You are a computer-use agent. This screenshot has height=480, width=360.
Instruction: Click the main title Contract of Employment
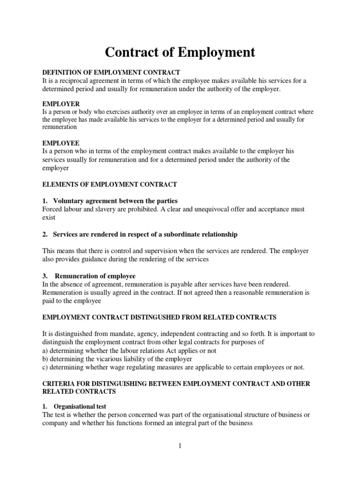click(180, 52)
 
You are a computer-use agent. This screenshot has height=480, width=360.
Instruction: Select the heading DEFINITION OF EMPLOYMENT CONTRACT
click(111, 73)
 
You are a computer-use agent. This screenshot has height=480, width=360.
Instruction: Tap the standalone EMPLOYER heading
click(61, 104)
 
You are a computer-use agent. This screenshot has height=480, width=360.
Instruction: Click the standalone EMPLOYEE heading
click(61, 142)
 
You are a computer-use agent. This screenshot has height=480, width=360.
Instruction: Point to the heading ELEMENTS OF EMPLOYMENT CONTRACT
click(110, 184)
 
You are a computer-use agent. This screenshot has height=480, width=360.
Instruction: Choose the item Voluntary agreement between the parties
click(115, 201)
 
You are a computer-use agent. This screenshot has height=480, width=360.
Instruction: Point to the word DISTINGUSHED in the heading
click(162, 317)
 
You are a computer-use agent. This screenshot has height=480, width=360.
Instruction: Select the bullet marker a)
click(45, 351)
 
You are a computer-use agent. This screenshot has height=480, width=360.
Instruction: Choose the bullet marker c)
click(45, 367)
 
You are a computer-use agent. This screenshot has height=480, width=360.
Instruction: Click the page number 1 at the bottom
click(180, 446)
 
